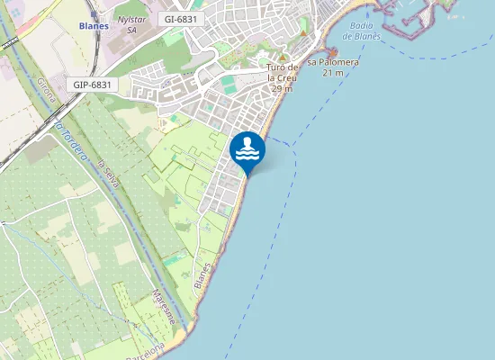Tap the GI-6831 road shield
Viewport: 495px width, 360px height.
coord(184,18)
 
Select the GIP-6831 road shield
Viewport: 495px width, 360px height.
coord(91,85)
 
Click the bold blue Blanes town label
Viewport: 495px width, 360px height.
coord(94,26)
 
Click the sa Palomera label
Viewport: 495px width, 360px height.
coord(333,62)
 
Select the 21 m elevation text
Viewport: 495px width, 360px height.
coord(333,72)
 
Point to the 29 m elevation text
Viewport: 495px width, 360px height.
coord(281,88)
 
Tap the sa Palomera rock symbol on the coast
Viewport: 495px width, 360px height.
coord(332,51)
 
